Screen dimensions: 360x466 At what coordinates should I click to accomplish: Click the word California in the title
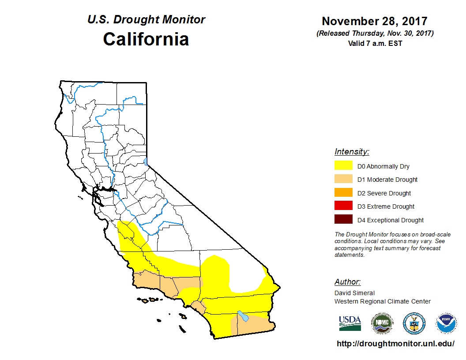[146, 39]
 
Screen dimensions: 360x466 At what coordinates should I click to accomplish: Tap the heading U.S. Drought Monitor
[146, 20]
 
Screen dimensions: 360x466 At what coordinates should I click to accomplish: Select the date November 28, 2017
[374, 21]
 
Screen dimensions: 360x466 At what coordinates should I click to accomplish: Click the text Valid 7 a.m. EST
[374, 43]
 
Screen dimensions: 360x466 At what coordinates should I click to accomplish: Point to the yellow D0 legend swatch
[343, 166]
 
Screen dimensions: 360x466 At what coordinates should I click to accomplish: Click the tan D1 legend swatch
[343, 179]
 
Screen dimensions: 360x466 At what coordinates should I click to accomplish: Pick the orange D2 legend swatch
[343, 193]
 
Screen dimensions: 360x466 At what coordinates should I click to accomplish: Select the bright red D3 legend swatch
[343, 206]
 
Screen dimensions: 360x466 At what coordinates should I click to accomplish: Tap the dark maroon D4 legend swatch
[343, 220]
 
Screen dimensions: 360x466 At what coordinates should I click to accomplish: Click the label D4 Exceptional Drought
[390, 220]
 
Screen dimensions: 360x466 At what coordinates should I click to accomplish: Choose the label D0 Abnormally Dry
[383, 166]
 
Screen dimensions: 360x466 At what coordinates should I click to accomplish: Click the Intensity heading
[352, 152]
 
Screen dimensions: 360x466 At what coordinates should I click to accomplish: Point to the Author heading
[347, 282]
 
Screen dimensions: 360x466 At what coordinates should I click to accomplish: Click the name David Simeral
[354, 293]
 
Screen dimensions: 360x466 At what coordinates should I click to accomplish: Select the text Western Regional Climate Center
[382, 301]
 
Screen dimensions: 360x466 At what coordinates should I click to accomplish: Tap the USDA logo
[350, 323]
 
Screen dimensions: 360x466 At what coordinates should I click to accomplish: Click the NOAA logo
[446, 323]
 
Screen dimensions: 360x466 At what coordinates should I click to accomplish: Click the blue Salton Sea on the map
[242, 316]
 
